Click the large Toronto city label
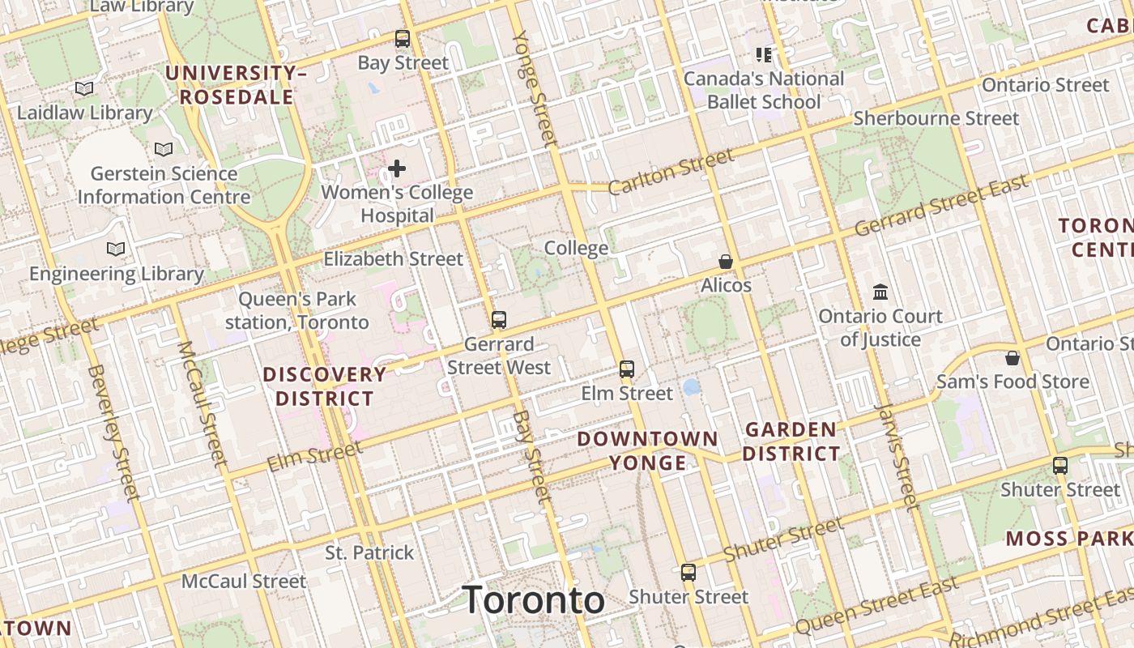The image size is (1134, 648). [534, 600]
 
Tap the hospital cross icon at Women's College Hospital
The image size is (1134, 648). [397, 168]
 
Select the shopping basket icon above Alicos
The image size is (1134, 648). [726, 262]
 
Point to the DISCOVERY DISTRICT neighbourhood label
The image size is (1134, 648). [324, 386]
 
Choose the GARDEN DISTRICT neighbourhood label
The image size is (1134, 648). [791, 441]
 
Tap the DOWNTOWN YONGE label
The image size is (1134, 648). [647, 450]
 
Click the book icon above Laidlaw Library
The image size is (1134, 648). [84, 88]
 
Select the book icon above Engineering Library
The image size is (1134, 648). [116, 249]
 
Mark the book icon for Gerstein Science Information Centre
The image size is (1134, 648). [164, 149]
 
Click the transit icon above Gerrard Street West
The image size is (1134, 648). [499, 320]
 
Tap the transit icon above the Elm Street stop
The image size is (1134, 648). [627, 369]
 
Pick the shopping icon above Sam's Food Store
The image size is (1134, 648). [1013, 357]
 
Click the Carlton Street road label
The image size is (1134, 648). [671, 173]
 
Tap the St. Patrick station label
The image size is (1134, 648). [369, 553]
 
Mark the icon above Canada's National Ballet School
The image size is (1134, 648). [764, 55]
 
